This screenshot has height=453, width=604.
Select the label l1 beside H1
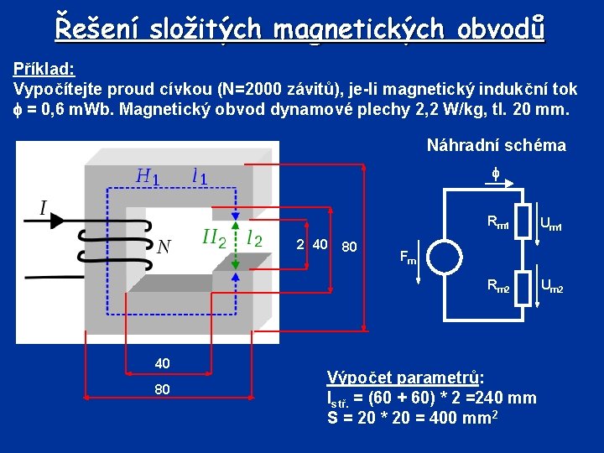point(200,177)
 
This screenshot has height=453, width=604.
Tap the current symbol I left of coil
point(43,207)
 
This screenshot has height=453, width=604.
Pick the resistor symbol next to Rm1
point(523,221)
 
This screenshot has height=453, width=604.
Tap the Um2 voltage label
point(551,289)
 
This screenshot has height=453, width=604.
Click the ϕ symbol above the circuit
point(495,174)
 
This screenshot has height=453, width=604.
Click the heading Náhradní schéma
point(496,145)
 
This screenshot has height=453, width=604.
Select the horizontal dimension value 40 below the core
point(162,362)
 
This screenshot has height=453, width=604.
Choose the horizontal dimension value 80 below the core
point(162,389)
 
